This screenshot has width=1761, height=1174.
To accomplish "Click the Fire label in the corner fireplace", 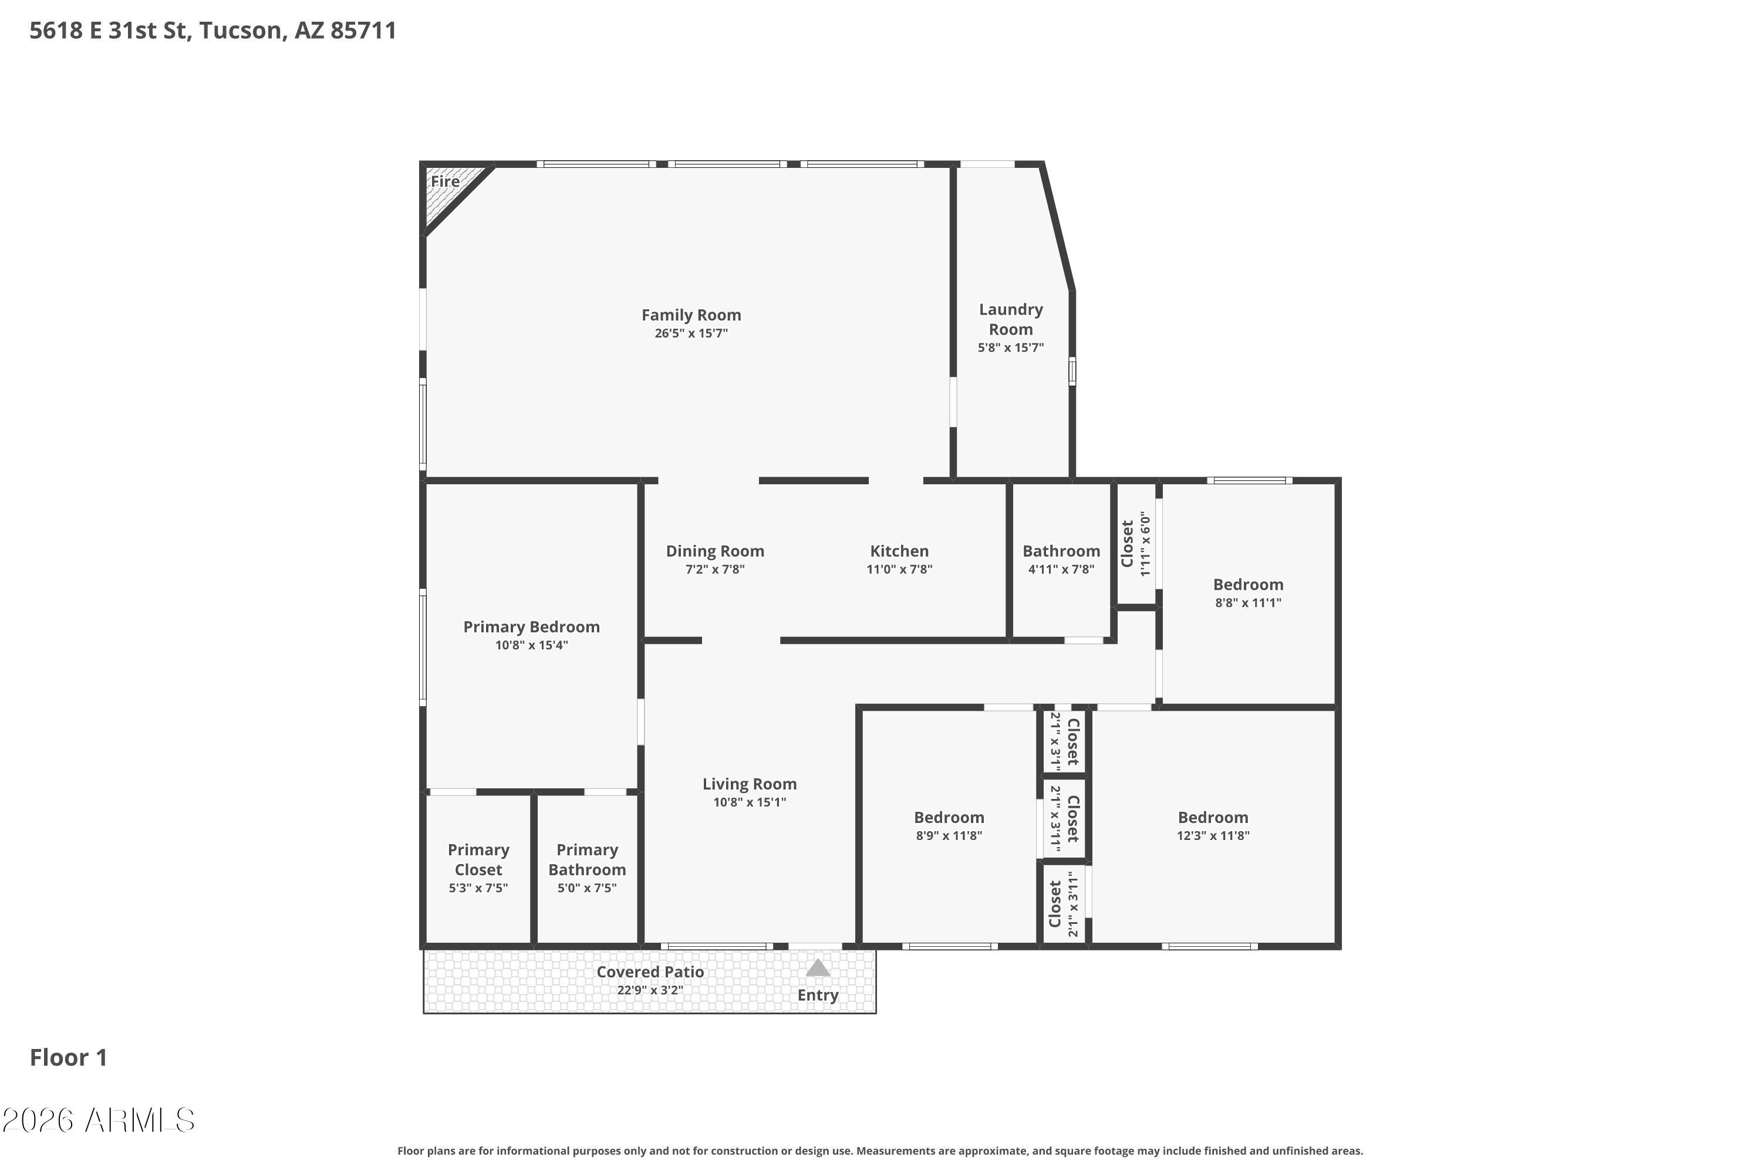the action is tap(445, 181).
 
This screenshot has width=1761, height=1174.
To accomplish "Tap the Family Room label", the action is tap(691, 315).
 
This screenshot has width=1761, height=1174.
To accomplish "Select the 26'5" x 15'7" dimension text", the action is tap(691, 333).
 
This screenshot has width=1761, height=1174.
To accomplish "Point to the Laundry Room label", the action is tap(1011, 319).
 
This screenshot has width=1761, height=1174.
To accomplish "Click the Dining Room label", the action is tap(715, 551).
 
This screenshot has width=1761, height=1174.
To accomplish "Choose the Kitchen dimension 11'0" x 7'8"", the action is tap(899, 569).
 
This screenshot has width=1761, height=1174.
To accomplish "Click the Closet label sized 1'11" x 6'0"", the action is tap(1128, 544).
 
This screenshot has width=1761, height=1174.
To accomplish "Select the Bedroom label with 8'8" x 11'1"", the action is tap(1248, 585).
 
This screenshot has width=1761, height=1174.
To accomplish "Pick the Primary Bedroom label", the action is tap(532, 627).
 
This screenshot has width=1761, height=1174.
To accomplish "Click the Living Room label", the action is tap(750, 784).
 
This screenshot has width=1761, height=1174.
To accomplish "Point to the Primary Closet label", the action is tap(478, 859).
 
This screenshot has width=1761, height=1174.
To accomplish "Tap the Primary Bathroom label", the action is tap(587, 859).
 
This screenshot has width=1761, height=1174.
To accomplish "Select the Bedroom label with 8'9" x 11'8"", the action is tap(949, 818).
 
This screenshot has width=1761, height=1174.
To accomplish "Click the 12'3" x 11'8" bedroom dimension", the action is tap(1213, 835).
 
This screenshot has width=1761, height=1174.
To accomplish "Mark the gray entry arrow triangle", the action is tap(818, 969).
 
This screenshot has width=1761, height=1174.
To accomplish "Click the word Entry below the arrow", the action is tap(818, 995).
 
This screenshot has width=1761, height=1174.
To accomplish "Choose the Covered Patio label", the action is tap(650, 972).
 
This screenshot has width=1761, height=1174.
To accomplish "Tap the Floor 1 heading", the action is tap(68, 1057).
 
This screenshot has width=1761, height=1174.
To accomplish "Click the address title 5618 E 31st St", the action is tap(109, 31).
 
